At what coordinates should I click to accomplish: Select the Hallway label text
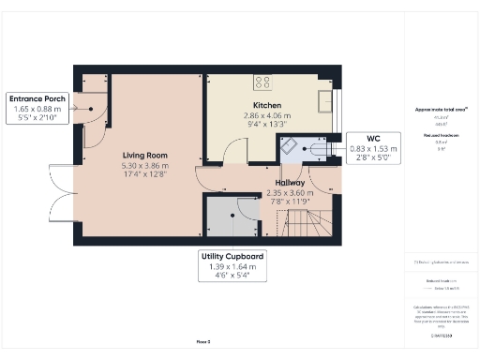click(291, 183)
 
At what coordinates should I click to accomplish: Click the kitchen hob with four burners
click(262, 82)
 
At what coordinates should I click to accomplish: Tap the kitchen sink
click(326, 99)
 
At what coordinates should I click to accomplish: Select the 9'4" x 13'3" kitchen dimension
click(267, 124)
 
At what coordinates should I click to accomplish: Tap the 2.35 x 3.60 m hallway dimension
click(291, 192)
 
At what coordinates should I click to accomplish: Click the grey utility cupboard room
click(229, 221)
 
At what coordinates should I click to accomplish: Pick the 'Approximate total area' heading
click(440, 110)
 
